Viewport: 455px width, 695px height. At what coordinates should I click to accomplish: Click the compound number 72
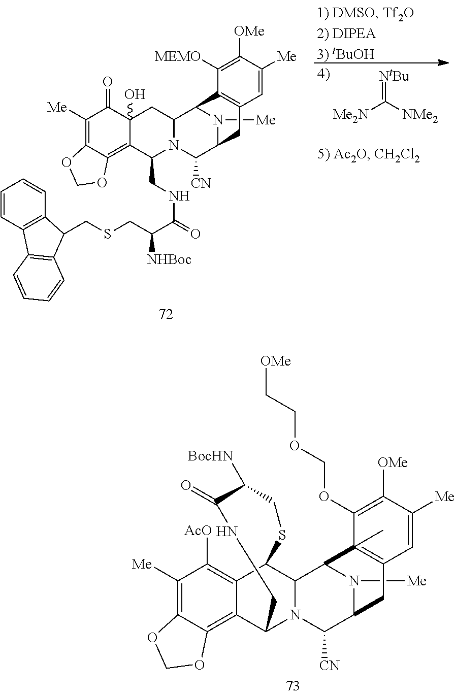tap(166, 315)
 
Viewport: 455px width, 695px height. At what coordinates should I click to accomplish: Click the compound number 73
tap(292, 685)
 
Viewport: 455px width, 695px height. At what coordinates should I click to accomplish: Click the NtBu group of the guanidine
tap(394, 76)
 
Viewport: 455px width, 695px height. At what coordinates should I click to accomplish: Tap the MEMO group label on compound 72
tap(178, 57)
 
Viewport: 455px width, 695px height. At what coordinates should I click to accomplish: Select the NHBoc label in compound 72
tap(169, 259)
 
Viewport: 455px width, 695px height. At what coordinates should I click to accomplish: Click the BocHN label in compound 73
tap(210, 456)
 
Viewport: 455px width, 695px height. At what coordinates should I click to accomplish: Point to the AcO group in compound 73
tap(198, 531)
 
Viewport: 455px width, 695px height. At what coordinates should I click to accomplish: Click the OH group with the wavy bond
tap(135, 94)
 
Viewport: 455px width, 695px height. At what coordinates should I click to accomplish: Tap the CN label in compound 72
tap(201, 183)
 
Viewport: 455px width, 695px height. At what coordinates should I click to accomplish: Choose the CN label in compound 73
tap(329, 666)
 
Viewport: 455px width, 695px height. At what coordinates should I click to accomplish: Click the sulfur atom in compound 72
tap(107, 234)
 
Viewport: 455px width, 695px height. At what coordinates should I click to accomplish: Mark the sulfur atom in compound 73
tap(282, 535)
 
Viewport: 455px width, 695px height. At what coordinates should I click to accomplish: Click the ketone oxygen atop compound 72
tap(107, 82)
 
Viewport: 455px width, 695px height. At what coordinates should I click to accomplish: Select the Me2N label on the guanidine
tap(350, 115)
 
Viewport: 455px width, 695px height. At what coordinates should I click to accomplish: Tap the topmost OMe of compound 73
tap(276, 361)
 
